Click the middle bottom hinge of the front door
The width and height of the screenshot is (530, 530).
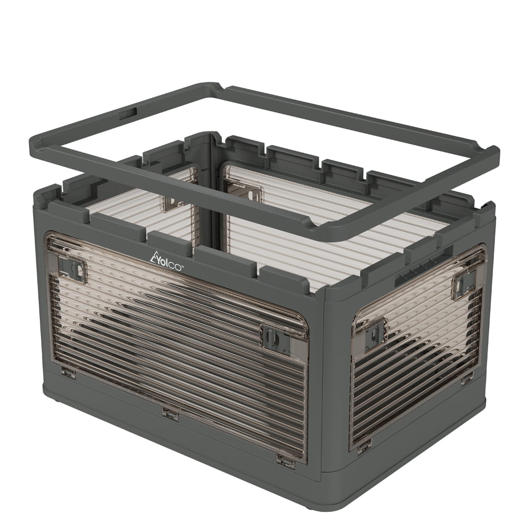170,413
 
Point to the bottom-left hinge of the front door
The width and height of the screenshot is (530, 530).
68,372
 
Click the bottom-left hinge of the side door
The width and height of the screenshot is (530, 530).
365,447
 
